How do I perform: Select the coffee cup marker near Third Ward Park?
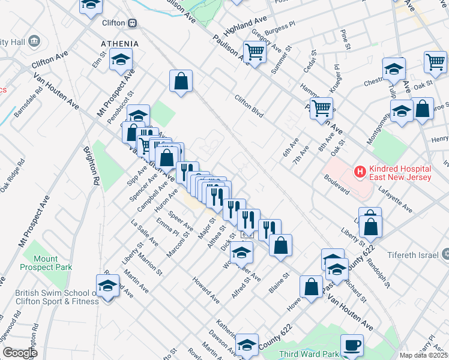pyautogui.click(x=352, y=345)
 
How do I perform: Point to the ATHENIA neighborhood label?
pyautogui.click(x=119, y=44)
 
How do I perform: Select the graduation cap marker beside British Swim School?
pyautogui.click(x=107, y=286)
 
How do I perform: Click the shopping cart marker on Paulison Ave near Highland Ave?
pyautogui.click(x=255, y=53)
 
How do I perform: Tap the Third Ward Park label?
pyautogui.click(x=306, y=353)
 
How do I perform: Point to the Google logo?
pyautogui.click(x=19, y=353)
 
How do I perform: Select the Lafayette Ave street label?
pyautogui.click(x=396, y=200)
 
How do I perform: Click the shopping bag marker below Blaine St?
pyautogui.click(x=312, y=286)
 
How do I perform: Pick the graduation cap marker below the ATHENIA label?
pyautogui.click(x=121, y=60)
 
